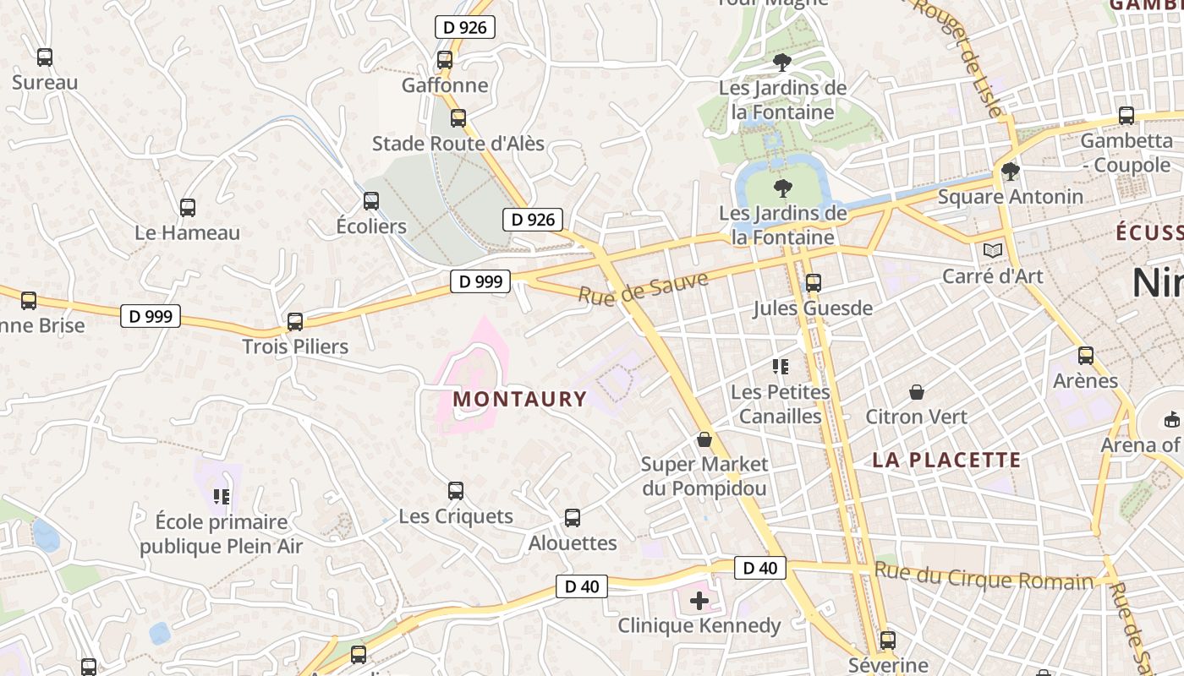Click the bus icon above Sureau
point(45,57)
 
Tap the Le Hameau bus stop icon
point(188,207)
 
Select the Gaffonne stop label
point(445,85)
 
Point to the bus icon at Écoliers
point(371,201)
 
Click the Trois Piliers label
point(295,346)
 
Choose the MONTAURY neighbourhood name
point(520,399)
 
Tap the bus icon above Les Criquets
point(456,491)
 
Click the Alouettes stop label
point(573,542)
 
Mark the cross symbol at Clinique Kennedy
point(699,601)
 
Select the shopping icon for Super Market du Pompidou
point(704,440)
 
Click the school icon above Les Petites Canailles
point(781,367)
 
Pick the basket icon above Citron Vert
point(917,392)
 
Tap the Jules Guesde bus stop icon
point(814,283)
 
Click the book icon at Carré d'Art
point(993,251)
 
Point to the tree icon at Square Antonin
point(1010,172)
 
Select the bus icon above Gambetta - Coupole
point(1126,116)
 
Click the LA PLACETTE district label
point(947,461)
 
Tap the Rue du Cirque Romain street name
point(984,576)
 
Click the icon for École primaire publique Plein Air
point(222,497)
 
